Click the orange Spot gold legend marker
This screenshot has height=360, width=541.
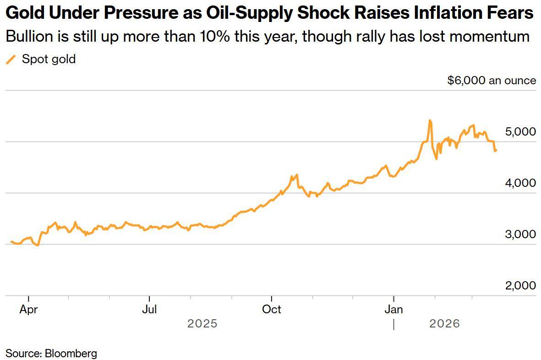point(11,59)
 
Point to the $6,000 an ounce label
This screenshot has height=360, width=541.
point(491,81)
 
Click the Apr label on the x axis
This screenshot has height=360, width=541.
point(28,310)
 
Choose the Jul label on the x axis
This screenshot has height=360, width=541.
point(149,310)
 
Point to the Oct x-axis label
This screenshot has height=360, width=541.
point(272,310)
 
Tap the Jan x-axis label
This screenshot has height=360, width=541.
point(393,310)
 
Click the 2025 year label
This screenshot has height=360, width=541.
point(202,324)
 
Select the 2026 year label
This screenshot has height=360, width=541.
point(444,324)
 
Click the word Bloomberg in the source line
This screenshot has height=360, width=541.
point(71,353)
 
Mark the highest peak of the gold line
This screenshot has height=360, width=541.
point(430,120)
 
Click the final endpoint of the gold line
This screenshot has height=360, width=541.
point(496,150)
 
